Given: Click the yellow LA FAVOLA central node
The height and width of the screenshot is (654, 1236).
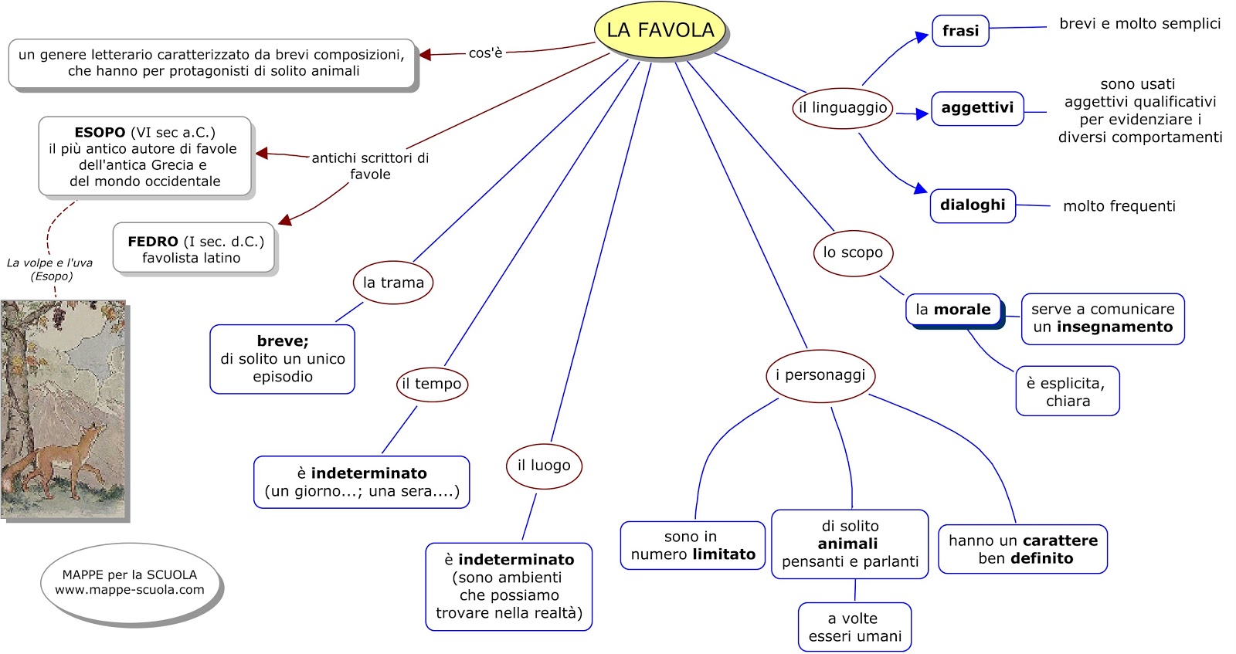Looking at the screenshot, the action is point(660,30).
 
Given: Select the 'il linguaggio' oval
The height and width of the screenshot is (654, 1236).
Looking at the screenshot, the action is point(843,108).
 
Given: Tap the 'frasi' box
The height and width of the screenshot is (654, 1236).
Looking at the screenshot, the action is point(960,31).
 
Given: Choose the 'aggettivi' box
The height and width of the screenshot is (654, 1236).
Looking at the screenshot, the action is point(977,108).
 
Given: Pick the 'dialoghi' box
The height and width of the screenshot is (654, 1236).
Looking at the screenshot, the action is point(973,205).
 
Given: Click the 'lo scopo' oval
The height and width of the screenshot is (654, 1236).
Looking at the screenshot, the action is point(853,253).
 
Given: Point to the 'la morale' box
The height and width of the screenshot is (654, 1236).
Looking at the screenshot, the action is point(953,310).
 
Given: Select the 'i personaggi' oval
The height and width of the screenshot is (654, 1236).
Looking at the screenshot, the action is point(820,376).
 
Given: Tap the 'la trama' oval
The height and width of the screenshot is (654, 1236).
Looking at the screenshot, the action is point(393,283).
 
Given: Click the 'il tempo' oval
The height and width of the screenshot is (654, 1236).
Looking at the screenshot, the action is point(432,384).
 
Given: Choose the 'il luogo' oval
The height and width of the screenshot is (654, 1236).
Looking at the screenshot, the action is point(544,466).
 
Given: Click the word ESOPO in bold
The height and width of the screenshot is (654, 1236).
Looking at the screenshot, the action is point(100,132).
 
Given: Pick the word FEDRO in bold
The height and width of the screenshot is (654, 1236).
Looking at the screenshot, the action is point(153,242).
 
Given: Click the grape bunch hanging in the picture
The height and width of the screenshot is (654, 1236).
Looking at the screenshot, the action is point(57,316).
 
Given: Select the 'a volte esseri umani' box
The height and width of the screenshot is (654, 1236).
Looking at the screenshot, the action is point(854,627).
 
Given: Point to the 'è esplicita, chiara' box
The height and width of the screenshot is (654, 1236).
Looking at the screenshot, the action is point(1067,391).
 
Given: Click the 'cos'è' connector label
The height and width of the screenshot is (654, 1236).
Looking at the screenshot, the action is point(485,53).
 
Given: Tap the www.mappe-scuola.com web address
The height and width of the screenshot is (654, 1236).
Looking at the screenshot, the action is point(129,590).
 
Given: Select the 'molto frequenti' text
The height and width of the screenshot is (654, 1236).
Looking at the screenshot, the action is point(1119,206).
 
